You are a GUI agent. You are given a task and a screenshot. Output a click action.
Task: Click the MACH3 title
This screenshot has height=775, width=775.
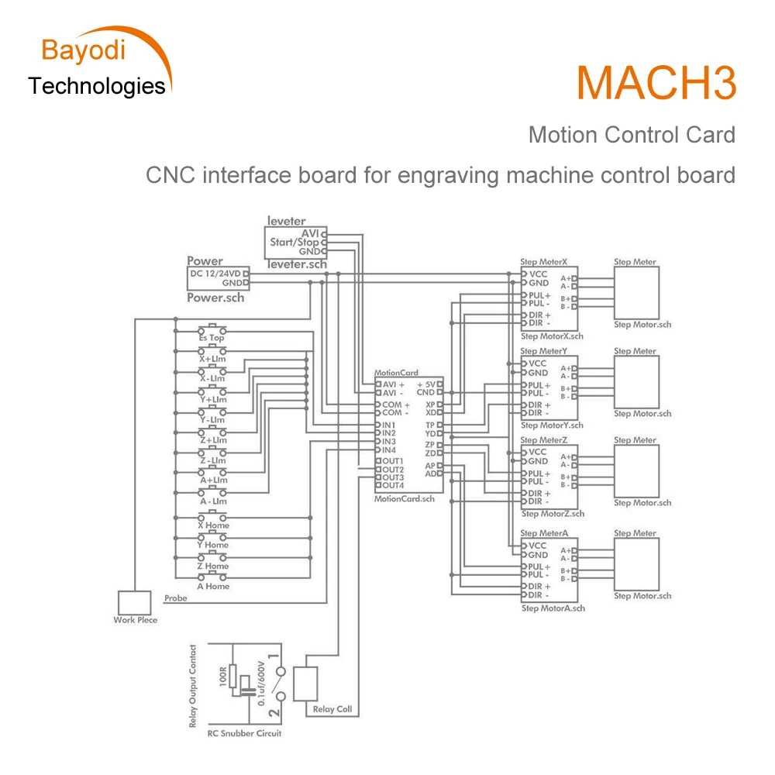(x=656, y=83)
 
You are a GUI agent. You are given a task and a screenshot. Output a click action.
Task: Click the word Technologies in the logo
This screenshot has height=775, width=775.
(x=97, y=86)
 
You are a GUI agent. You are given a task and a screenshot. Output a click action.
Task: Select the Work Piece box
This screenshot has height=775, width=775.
(x=135, y=603)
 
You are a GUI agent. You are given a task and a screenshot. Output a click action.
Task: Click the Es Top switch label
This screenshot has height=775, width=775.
(x=211, y=338)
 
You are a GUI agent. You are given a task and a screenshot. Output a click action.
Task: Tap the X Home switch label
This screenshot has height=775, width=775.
(x=212, y=525)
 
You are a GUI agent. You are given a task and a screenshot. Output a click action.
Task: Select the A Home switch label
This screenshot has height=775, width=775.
(x=212, y=586)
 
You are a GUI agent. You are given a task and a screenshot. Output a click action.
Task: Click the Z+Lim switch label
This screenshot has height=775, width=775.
(x=212, y=439)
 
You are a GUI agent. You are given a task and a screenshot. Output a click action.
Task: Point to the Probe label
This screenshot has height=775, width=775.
(x=175, y=598)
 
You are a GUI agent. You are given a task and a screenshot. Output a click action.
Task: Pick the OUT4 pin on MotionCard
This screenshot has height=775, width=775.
(x=391, y=485)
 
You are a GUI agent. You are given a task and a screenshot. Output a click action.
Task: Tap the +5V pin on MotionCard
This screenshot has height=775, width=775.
(x=425, y=384)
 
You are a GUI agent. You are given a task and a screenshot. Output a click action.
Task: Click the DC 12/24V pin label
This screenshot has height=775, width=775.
(x=216, y=274)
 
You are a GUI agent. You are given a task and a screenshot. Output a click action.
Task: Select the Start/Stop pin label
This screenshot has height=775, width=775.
(x=294, y=242)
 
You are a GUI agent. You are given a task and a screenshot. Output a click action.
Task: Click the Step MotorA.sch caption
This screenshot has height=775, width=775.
(x=553, y=608)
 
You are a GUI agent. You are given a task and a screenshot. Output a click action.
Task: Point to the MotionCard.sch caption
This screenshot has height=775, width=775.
(x=405, y=499)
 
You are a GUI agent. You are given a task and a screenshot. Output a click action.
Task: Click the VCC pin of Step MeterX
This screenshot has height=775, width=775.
(x=538, y=274)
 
